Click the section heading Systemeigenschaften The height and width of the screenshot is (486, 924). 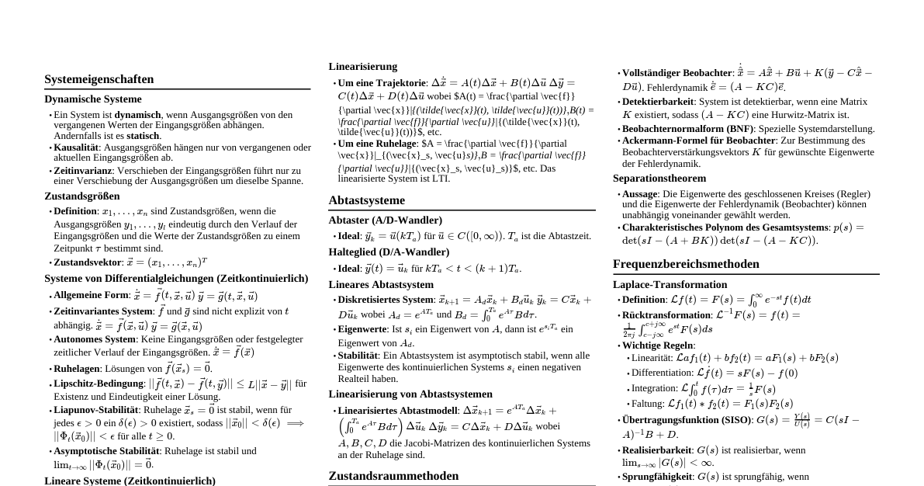(99, 79)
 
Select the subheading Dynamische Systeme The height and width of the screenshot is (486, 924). (93, 99)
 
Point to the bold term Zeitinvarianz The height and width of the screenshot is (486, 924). (81, 170)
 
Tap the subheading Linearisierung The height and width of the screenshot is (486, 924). (362, 67)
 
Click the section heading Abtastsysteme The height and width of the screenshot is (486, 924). (366, 200)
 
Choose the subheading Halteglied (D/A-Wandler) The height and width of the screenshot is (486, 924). (389, 252)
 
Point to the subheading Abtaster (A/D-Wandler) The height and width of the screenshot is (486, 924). (385, 220)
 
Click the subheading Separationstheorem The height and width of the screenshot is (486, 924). (659, 178)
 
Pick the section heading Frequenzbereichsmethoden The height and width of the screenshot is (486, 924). (686, 264)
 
